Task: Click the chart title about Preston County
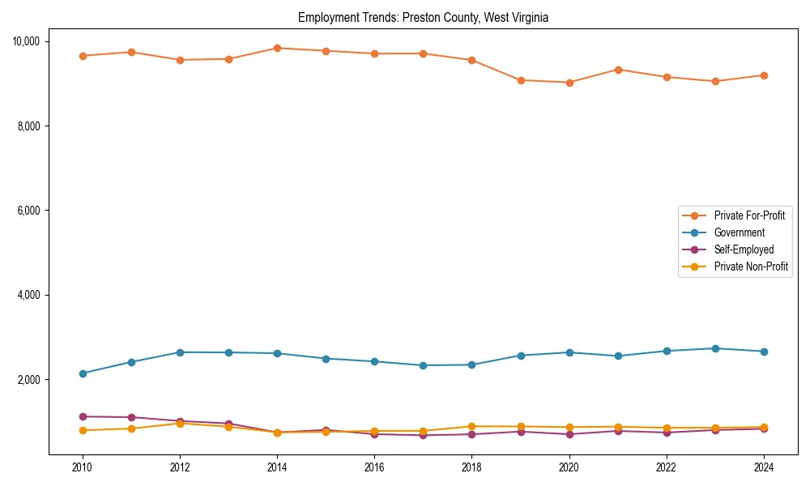(423, 18)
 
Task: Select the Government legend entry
(739, 232)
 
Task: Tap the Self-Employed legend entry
(744, 249)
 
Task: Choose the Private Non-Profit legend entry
(751, 266)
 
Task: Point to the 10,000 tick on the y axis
(32, 41)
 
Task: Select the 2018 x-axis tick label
(471, 467)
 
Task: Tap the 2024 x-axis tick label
(764, 467)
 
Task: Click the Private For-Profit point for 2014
(277, 48)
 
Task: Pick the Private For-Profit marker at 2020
(569, 83)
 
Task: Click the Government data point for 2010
(82, 373)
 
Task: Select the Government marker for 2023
(715, 348)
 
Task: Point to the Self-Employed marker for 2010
(82, 416)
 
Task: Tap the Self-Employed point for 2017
(423, 436)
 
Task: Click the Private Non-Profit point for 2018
(471, 426)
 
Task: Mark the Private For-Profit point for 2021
(618, 70)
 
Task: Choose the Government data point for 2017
(423, 365)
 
